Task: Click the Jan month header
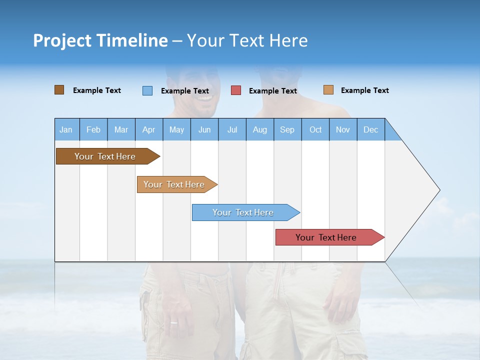66,129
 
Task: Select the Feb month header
93,129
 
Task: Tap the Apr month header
148,129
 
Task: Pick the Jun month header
204,129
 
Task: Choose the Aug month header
259,129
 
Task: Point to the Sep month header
287,129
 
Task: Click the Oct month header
315,129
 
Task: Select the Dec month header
370,129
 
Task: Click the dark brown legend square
59,90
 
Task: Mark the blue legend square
147,90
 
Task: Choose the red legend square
236,90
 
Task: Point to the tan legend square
328,90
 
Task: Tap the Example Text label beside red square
272,91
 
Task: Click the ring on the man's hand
173,322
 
